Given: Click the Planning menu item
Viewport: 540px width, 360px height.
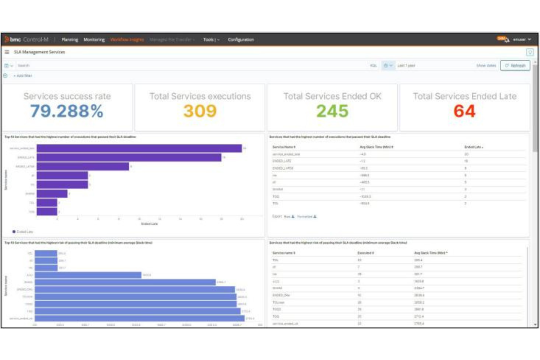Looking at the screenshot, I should point(70,39).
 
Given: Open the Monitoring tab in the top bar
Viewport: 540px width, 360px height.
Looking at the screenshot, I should point(94,39).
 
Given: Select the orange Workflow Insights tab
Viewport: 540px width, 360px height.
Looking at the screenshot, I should point(127,39).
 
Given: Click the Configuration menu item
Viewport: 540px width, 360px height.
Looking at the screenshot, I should point(241,39).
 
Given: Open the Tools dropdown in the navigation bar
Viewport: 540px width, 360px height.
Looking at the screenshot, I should point(211,39).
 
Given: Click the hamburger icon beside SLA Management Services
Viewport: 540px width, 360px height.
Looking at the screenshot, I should point(7,52).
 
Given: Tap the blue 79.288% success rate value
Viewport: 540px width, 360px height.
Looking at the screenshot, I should point(67,111).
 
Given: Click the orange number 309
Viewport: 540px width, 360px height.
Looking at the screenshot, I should point(200,111).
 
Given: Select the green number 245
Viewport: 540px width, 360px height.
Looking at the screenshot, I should point(332,111).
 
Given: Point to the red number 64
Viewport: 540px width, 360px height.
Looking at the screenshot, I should point(464,111).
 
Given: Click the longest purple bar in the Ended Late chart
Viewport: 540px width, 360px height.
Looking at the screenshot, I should point(139,148).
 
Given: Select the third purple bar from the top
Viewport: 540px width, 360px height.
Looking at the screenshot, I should point(83,166).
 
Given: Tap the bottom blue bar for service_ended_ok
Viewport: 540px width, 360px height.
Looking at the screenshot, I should point(139,318).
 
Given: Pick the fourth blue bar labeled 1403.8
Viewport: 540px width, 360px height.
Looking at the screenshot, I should point(88,275).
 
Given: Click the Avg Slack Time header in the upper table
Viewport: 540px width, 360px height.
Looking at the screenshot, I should point(376,147).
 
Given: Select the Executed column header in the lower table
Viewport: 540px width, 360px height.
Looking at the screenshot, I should point(365,253).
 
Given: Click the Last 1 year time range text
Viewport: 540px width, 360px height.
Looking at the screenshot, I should point(406,66).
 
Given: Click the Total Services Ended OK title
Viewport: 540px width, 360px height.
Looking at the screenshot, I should point(332,96).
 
